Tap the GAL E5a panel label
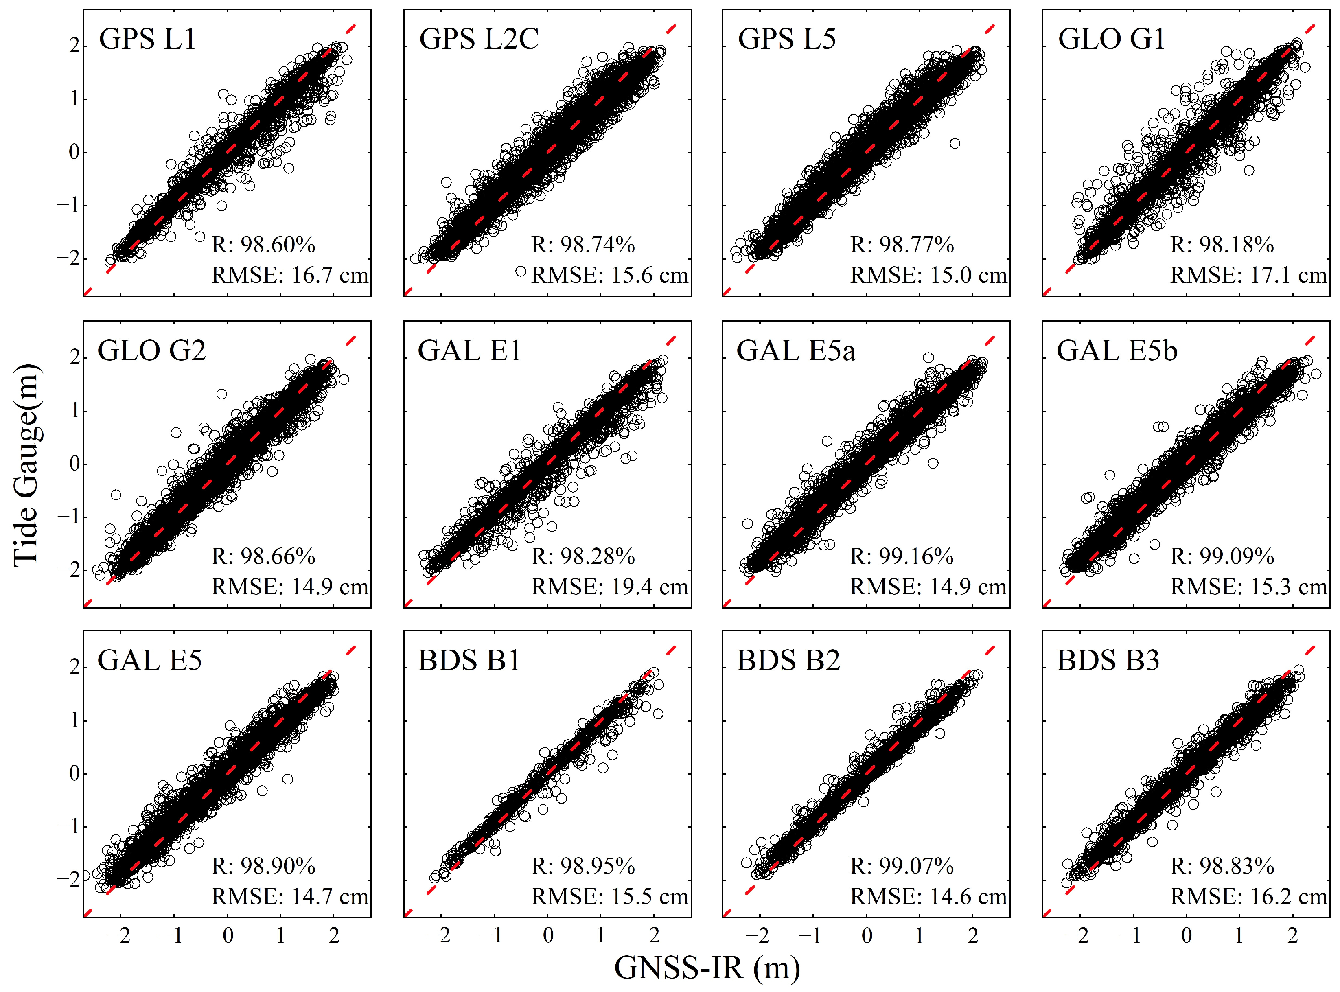(795, 351)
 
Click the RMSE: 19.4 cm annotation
(609, 587)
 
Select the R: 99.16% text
(902, 556)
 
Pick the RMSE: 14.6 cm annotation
(928, 896)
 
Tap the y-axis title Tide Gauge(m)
(26, 465)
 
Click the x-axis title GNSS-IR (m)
(707, 968)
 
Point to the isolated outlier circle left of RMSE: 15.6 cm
(521, 272)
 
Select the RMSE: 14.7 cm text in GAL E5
(289, 896)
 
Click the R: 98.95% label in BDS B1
(583, 867)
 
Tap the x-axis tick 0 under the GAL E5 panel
(228, 935)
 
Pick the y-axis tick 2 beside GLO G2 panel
(74, 358)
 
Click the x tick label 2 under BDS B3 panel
(1292, 935)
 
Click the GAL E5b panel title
(1117, 351)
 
